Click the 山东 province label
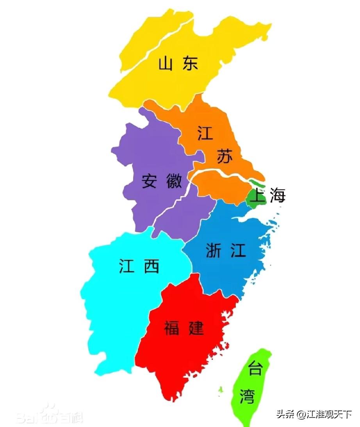pos(178,64)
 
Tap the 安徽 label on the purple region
pos(162,181)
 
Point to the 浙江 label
pos(226,250)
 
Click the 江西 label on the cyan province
pos(139,266)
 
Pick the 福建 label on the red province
pos(184,327)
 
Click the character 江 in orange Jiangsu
pos(205,133)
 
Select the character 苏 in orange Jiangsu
pos(225,157)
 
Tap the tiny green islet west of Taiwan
pos(221,389)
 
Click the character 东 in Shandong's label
pos(190,64)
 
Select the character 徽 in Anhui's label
pos(173,181)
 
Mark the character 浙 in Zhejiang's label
pos(214,250)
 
